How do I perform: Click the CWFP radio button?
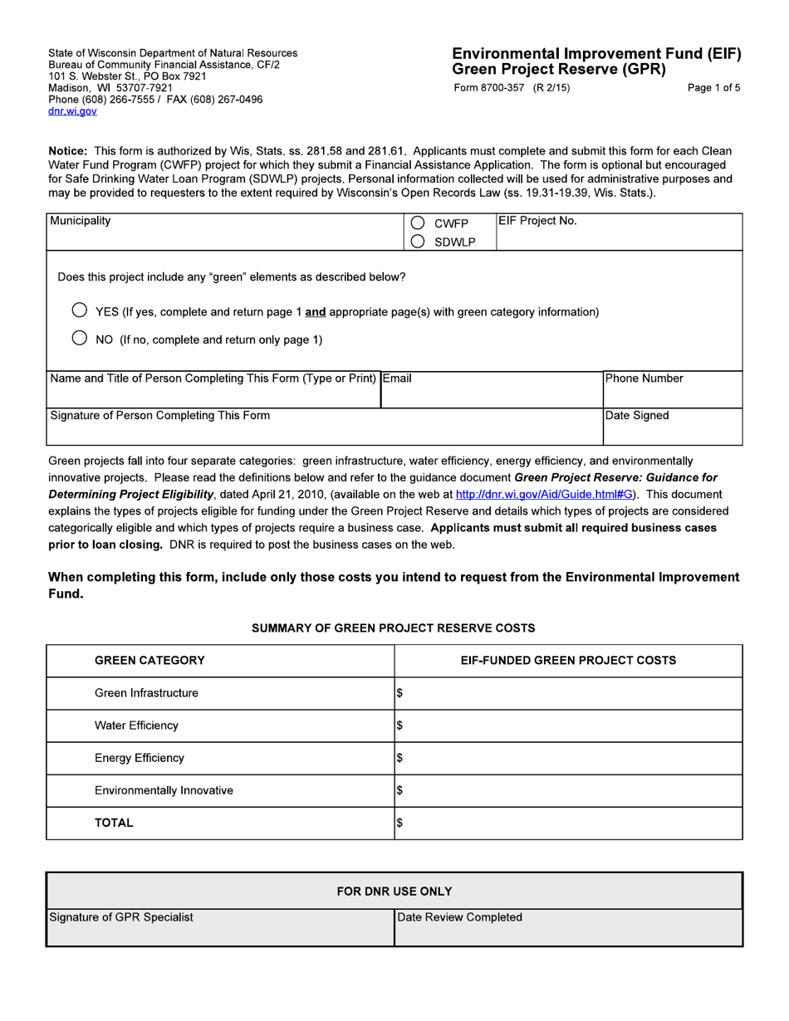419,223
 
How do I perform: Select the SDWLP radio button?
419,242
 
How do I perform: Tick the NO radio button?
79,339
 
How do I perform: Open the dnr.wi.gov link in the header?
72,110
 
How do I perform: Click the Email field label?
397,379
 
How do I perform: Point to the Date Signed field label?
637,415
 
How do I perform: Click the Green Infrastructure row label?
146,693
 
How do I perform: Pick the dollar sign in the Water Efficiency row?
399,726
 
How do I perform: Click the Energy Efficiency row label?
140,758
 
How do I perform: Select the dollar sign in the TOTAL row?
399,823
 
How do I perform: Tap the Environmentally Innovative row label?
164,790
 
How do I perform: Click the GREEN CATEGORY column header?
149,661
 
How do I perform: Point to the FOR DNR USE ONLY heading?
394,892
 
